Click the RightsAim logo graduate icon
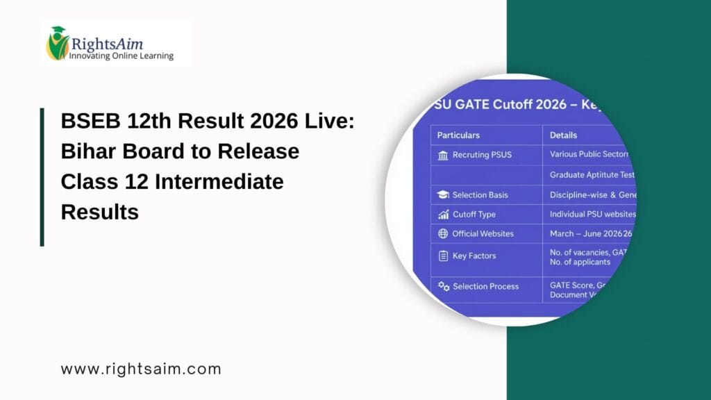(x=58, y=43)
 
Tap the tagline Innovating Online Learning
(x=121, y=56)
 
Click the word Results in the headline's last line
(x=100, y=212)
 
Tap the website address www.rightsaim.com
(x=141, y=369)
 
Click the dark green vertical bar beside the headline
(x=42, y=176)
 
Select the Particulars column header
(x=458, y=135)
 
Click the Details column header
(x=563, y=135)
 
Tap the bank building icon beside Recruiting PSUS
(x=443, y=155)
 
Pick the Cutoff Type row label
(x=474, y=215)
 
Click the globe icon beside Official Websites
(x=443, y=234)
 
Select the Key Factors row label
(x=474, y=256)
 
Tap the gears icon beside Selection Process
(x=444, y=286)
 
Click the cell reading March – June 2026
(x=590, y=234)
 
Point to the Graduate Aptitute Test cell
(x=592, y=175)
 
